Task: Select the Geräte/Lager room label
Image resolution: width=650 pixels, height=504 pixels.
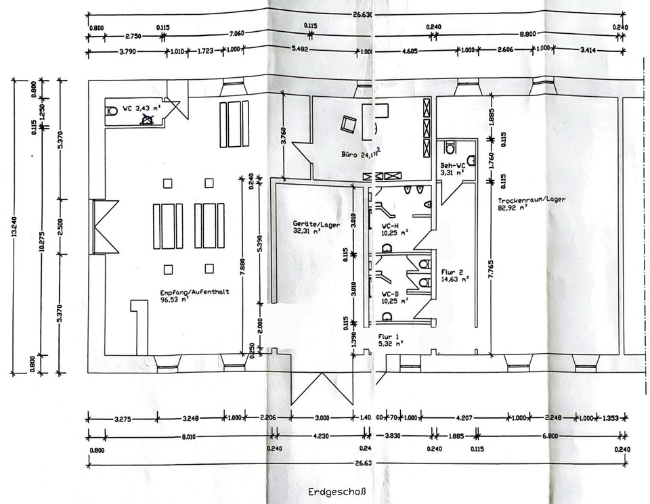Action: (x=316, y=224)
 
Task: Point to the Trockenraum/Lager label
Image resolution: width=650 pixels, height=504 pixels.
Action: (x=531, y=201)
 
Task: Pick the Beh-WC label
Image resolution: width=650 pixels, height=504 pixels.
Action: (x=452, y=165)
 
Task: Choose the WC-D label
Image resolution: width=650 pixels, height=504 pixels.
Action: (x=391, y=294)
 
